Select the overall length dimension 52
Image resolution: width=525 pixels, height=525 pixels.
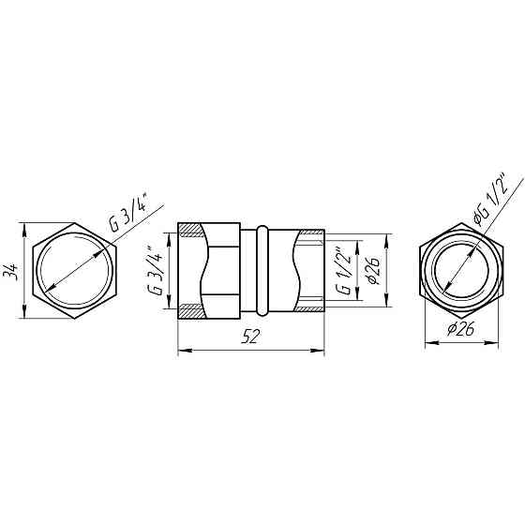(250, 339)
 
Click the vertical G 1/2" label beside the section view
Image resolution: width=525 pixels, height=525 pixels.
(345, 270)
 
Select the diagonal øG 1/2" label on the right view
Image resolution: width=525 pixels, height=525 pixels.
(491, 201)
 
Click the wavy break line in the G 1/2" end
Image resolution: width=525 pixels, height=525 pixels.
(299, 270)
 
